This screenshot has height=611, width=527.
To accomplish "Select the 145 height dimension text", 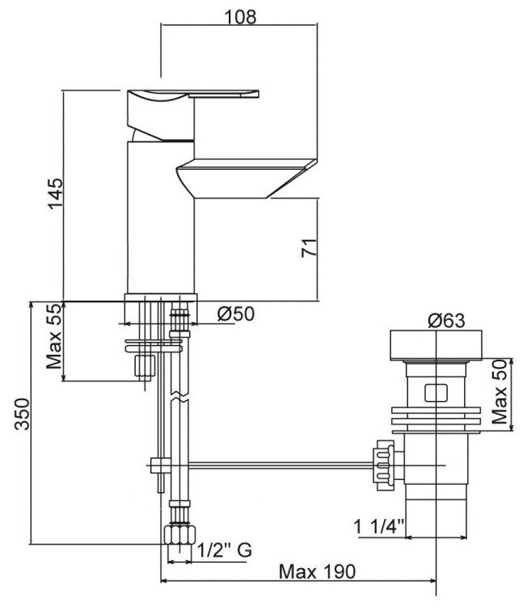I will pos(54,195).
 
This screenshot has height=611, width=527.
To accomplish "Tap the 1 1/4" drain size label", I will pos(378,528).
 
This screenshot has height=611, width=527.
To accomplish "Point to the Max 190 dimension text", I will pos(317,571).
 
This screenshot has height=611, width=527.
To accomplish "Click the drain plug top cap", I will pos(437,344).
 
